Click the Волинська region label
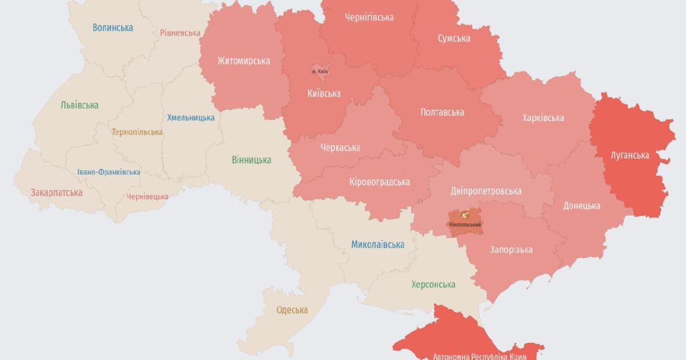[x=113, y=27]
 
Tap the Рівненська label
[x=180, y=33]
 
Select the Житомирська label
[x=244, y=61]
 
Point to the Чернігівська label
[x=369, y=17]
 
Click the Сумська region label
[x=454, y=38]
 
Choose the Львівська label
[x=79, y=105]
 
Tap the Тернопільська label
[x=137, y=132]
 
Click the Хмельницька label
[x=191, y=118]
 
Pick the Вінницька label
[x=252, y=160]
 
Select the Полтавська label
[x=442, y=112]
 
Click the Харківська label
[x=543, y=118]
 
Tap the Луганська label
[x=629, y=155]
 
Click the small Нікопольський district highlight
[x=465, y=220]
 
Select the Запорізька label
[x=512, y=250]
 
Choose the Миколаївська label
[x=377, y=245]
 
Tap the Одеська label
[x=292, y=310]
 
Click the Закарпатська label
[x=57, y=193]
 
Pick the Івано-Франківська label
[x=109, y=172]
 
